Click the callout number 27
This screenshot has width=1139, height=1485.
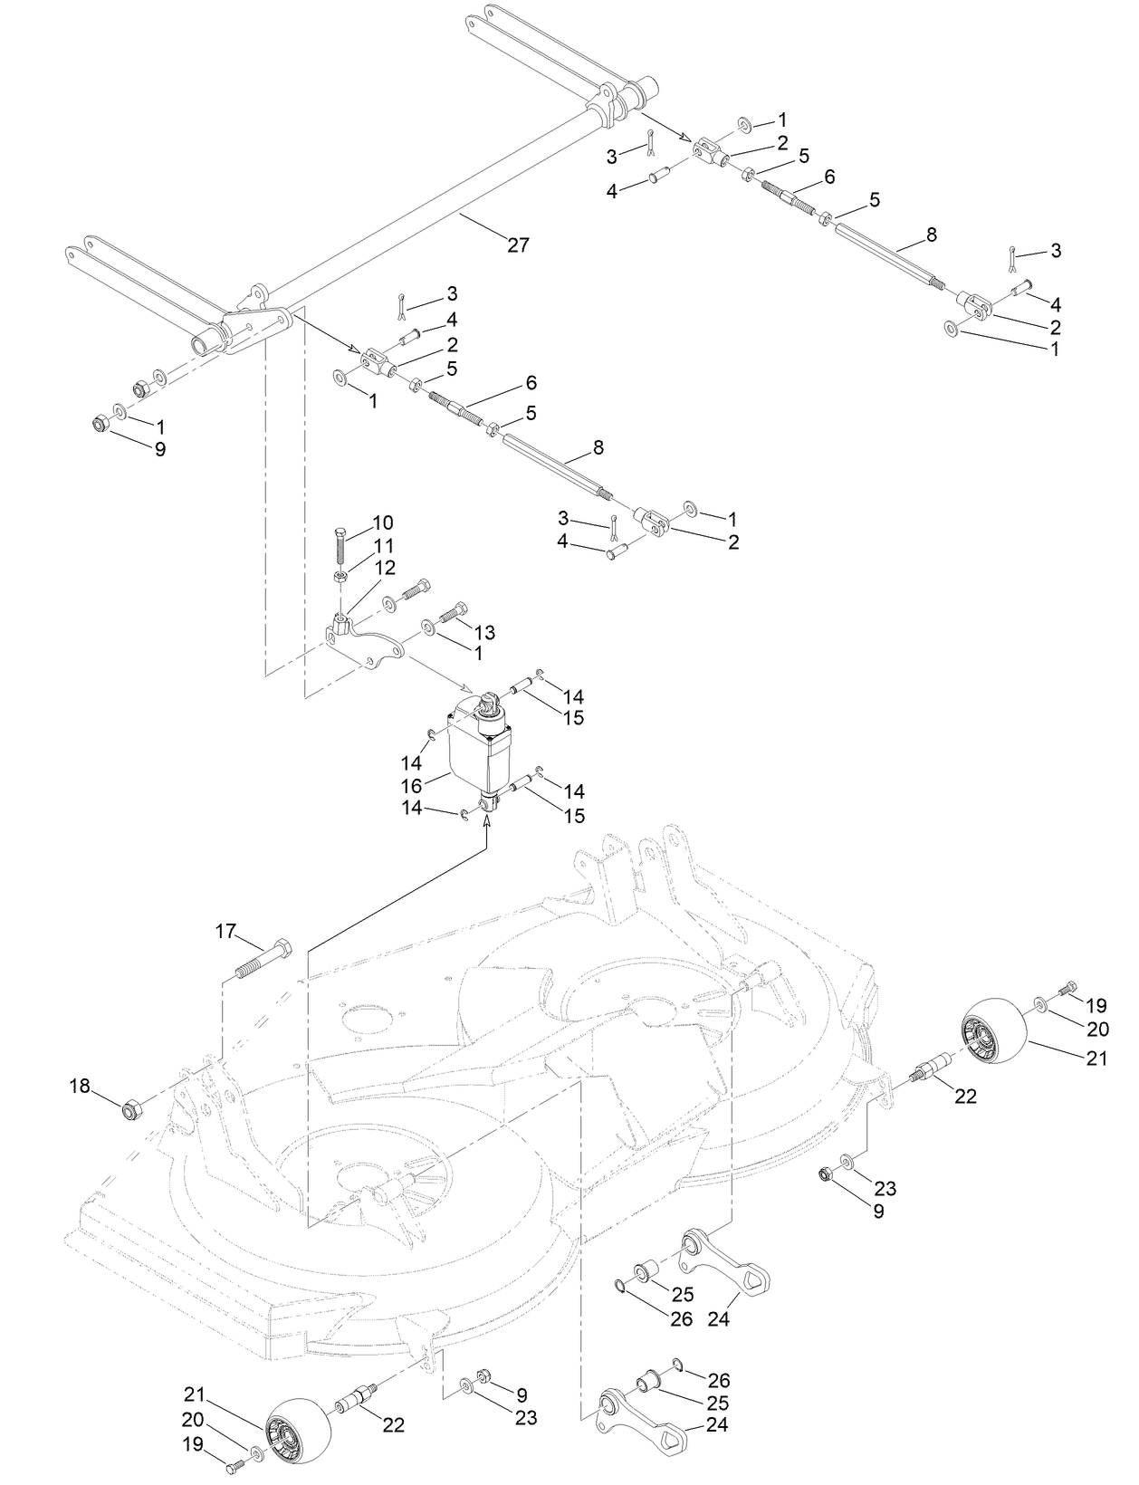coord(517,244)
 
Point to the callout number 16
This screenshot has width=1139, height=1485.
coord(412,785)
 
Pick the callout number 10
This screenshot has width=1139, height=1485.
coord(383,522)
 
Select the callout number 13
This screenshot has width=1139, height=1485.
coord(484,631)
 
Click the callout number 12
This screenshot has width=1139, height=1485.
coord(386,568)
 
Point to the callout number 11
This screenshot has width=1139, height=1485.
coord(384,546)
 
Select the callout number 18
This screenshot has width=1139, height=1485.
coord(81,1085)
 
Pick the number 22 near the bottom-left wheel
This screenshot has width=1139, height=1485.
coord(393,1424)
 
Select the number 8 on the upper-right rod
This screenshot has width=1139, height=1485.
coord(932,235)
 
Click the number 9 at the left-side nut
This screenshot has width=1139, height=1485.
coord(159,448)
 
